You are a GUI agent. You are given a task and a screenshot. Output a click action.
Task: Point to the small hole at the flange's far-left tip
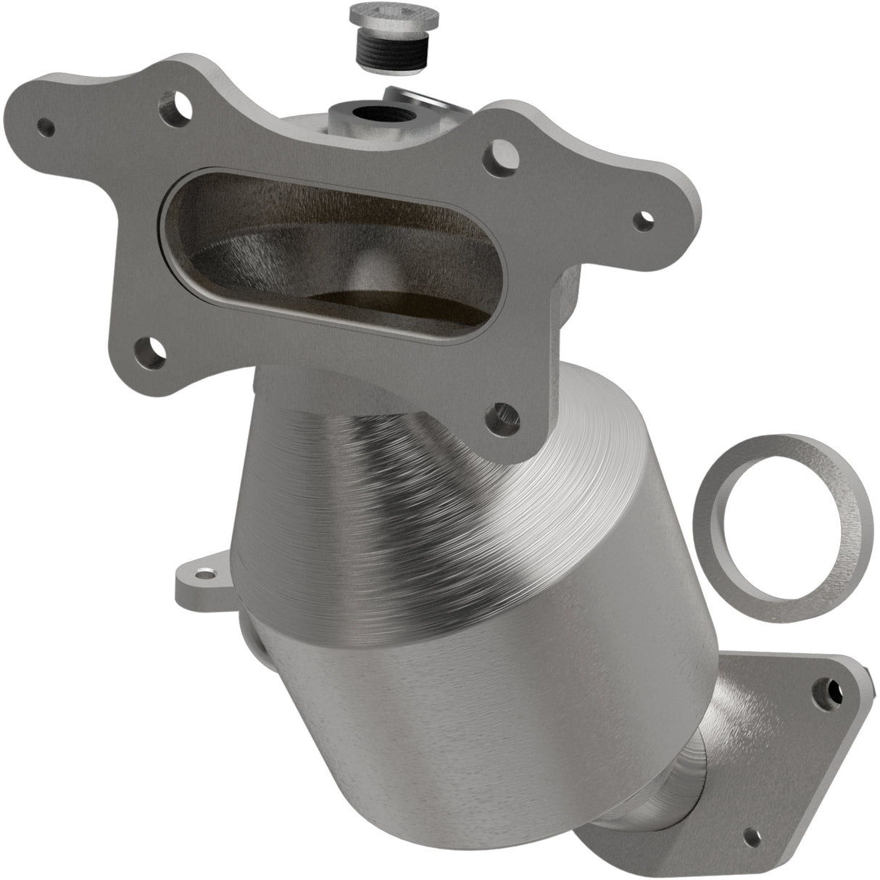click(46, 128)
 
